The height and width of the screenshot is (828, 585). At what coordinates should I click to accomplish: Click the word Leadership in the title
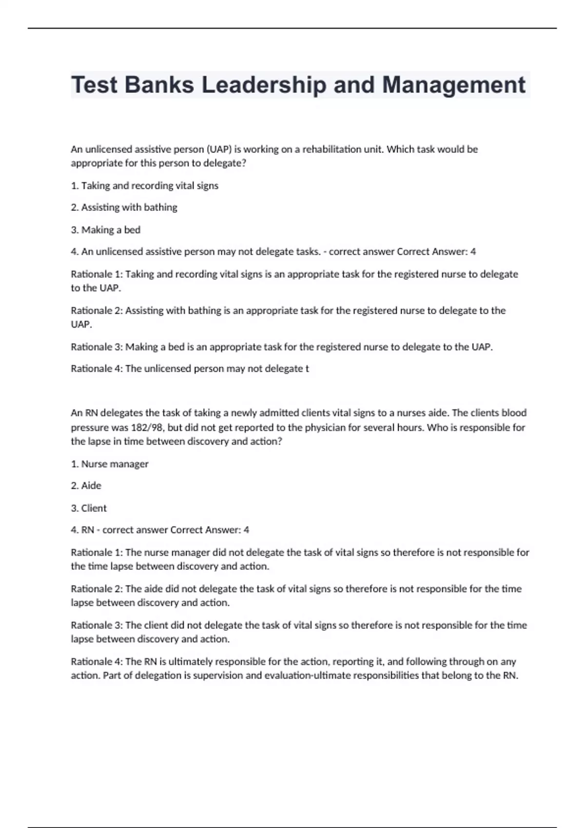click(264, 85)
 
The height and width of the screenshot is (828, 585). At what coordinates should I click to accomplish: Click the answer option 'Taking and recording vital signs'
click(150, 186)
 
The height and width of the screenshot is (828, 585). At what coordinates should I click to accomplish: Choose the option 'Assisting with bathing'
click(129, 207)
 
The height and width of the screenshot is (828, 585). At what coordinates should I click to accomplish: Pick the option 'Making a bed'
click(111, 230)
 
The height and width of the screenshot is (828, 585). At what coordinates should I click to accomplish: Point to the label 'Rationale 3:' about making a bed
click(97, 347)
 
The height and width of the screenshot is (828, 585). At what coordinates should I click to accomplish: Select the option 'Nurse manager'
click(115, 464)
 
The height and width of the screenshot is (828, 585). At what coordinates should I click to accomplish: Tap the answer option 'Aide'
click(91, 486)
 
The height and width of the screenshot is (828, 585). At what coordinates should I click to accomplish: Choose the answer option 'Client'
click(94, 508)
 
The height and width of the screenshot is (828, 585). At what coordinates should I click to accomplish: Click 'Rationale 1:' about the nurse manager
click(97, 552)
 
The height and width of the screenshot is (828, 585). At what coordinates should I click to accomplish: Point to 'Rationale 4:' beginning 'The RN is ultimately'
click(97, 661)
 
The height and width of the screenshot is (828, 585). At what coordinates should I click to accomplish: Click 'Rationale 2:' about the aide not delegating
click(97, 589)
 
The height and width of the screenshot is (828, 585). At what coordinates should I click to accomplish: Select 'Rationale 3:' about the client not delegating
click(97, 625)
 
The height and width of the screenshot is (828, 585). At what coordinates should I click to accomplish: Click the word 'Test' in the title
click(94, 85)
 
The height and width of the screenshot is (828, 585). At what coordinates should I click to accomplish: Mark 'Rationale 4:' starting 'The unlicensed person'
click(97, 369)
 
